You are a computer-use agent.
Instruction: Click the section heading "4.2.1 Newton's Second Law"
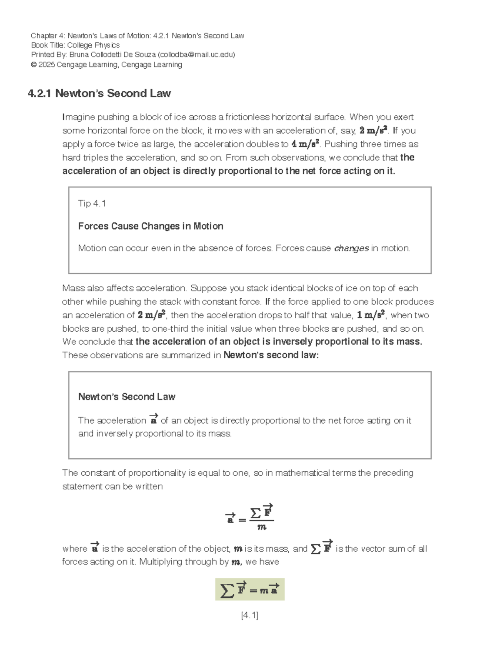coord(99,93)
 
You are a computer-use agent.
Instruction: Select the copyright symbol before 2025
coord(34,65)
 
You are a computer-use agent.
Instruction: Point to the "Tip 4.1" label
coord(92,203)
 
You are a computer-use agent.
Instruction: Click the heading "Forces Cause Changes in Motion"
coord(150,226)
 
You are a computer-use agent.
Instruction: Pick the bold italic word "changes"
coord(351,248)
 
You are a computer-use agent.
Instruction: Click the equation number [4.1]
coord(250,615)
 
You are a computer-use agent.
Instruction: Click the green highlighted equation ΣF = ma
coord(250,590)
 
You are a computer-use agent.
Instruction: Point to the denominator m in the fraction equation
coord(262,527)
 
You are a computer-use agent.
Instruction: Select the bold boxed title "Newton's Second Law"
coord(127,397)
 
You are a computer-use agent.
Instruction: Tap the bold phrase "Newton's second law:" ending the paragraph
coord(271,355)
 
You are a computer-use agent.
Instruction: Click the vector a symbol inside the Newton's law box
coord(153,420)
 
